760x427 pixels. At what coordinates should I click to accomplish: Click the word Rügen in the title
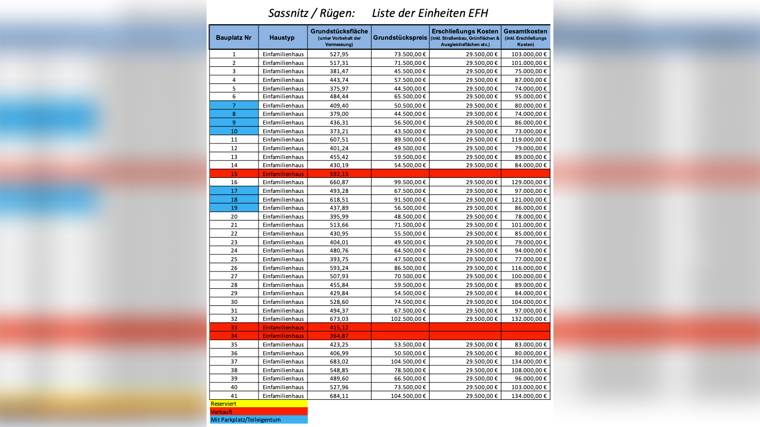click(337, 13)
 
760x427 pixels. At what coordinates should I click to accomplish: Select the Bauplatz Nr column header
click(234, 37)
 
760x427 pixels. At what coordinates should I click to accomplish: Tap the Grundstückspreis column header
click(400, 37)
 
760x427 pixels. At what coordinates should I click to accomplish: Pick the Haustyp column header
click(282, 37)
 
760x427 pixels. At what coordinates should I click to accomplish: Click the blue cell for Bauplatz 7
click(234, 106)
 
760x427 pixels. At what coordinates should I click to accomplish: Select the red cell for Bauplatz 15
click(234, 174)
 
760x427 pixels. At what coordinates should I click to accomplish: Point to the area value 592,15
click(339, 174)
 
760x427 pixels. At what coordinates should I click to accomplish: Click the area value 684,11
click(339, 396)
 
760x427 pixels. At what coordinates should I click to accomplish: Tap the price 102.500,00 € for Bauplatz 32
click(408, 319)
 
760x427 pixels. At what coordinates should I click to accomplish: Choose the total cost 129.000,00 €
click(529, 182)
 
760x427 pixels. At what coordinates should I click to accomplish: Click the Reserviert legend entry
click(259, 404)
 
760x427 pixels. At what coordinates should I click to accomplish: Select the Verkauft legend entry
click(259, 412)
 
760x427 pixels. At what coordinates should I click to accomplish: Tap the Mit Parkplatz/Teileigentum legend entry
click(259, 420)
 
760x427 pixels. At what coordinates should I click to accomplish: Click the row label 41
click(234, 396)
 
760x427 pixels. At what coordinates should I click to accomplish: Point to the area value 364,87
click(339, 336)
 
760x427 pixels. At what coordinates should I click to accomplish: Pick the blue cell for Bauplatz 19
click(234, 208)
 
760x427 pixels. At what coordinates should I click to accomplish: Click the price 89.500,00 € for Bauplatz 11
click(410, 140)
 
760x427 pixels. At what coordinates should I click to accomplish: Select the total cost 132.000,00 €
click(529, 319)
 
